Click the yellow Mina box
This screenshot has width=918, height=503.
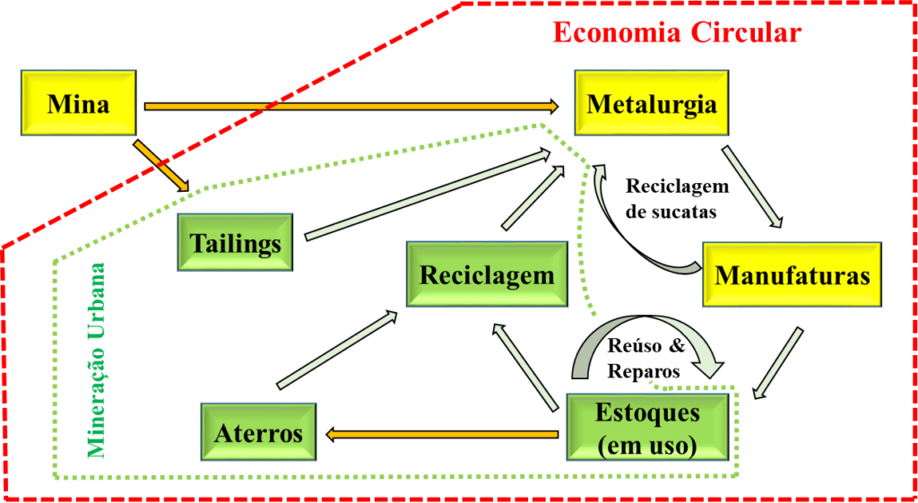tap(78, 104)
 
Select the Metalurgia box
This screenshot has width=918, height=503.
tap(651, 103)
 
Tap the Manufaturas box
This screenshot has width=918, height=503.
tap(792, 273)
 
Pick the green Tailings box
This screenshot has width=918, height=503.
tap(235, 242)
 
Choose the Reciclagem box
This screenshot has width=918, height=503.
tap(487, 273)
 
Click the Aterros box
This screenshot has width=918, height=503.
tap(258, 432)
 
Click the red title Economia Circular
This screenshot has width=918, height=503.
tap(676, 32)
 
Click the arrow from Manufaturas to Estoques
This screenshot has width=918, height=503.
tap(778, 362)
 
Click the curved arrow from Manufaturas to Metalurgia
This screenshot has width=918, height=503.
tap(619, 233)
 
